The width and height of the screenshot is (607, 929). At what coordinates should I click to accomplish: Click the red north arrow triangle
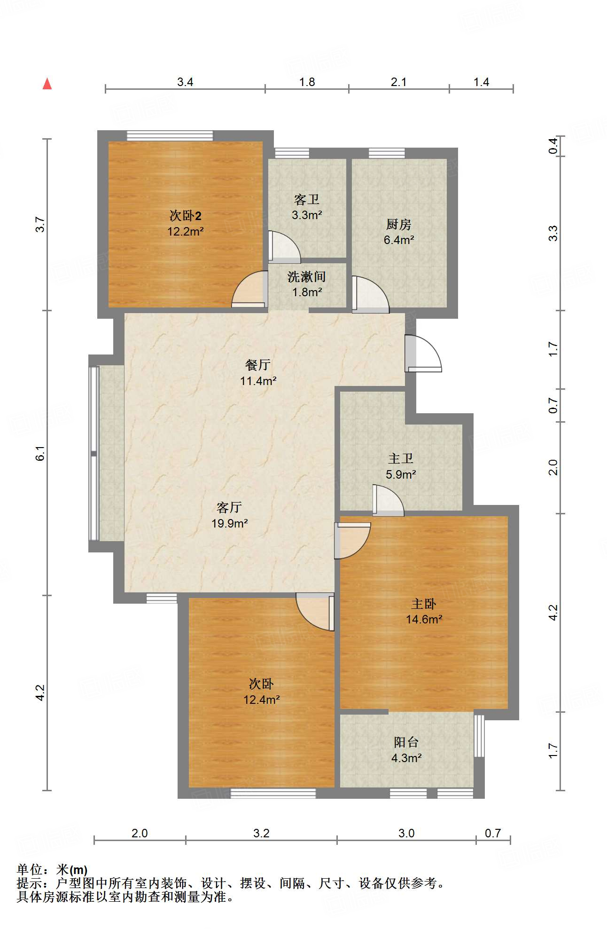pos(47,84)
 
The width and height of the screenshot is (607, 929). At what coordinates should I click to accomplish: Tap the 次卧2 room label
pos(185,216)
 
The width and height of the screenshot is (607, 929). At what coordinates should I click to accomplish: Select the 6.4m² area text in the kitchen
pos(398,240)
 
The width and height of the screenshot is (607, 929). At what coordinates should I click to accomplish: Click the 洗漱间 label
pos(306,276)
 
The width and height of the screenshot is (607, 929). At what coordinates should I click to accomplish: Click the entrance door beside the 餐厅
pos(423,354)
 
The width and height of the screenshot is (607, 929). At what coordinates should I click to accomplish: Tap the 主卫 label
pos(400,458)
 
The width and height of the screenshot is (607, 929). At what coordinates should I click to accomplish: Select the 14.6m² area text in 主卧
pos(424,619)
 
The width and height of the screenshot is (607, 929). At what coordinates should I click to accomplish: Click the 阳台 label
pos(406,742)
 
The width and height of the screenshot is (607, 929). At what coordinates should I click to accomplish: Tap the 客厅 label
pos(229,507)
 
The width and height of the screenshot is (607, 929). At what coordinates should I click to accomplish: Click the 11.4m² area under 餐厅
pos(258,381)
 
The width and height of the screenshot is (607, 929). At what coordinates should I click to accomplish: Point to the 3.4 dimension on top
pos(185,82)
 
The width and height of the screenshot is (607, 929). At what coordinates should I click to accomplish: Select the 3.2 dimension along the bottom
pos(261,834)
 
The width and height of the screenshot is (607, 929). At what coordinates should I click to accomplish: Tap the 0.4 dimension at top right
pos(553,145)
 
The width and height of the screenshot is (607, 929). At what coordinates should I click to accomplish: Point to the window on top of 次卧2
pos(170,136)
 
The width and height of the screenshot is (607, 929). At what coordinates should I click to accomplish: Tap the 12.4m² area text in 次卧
pos(261,700)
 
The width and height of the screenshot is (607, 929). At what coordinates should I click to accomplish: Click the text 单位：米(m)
pos(52,870)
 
